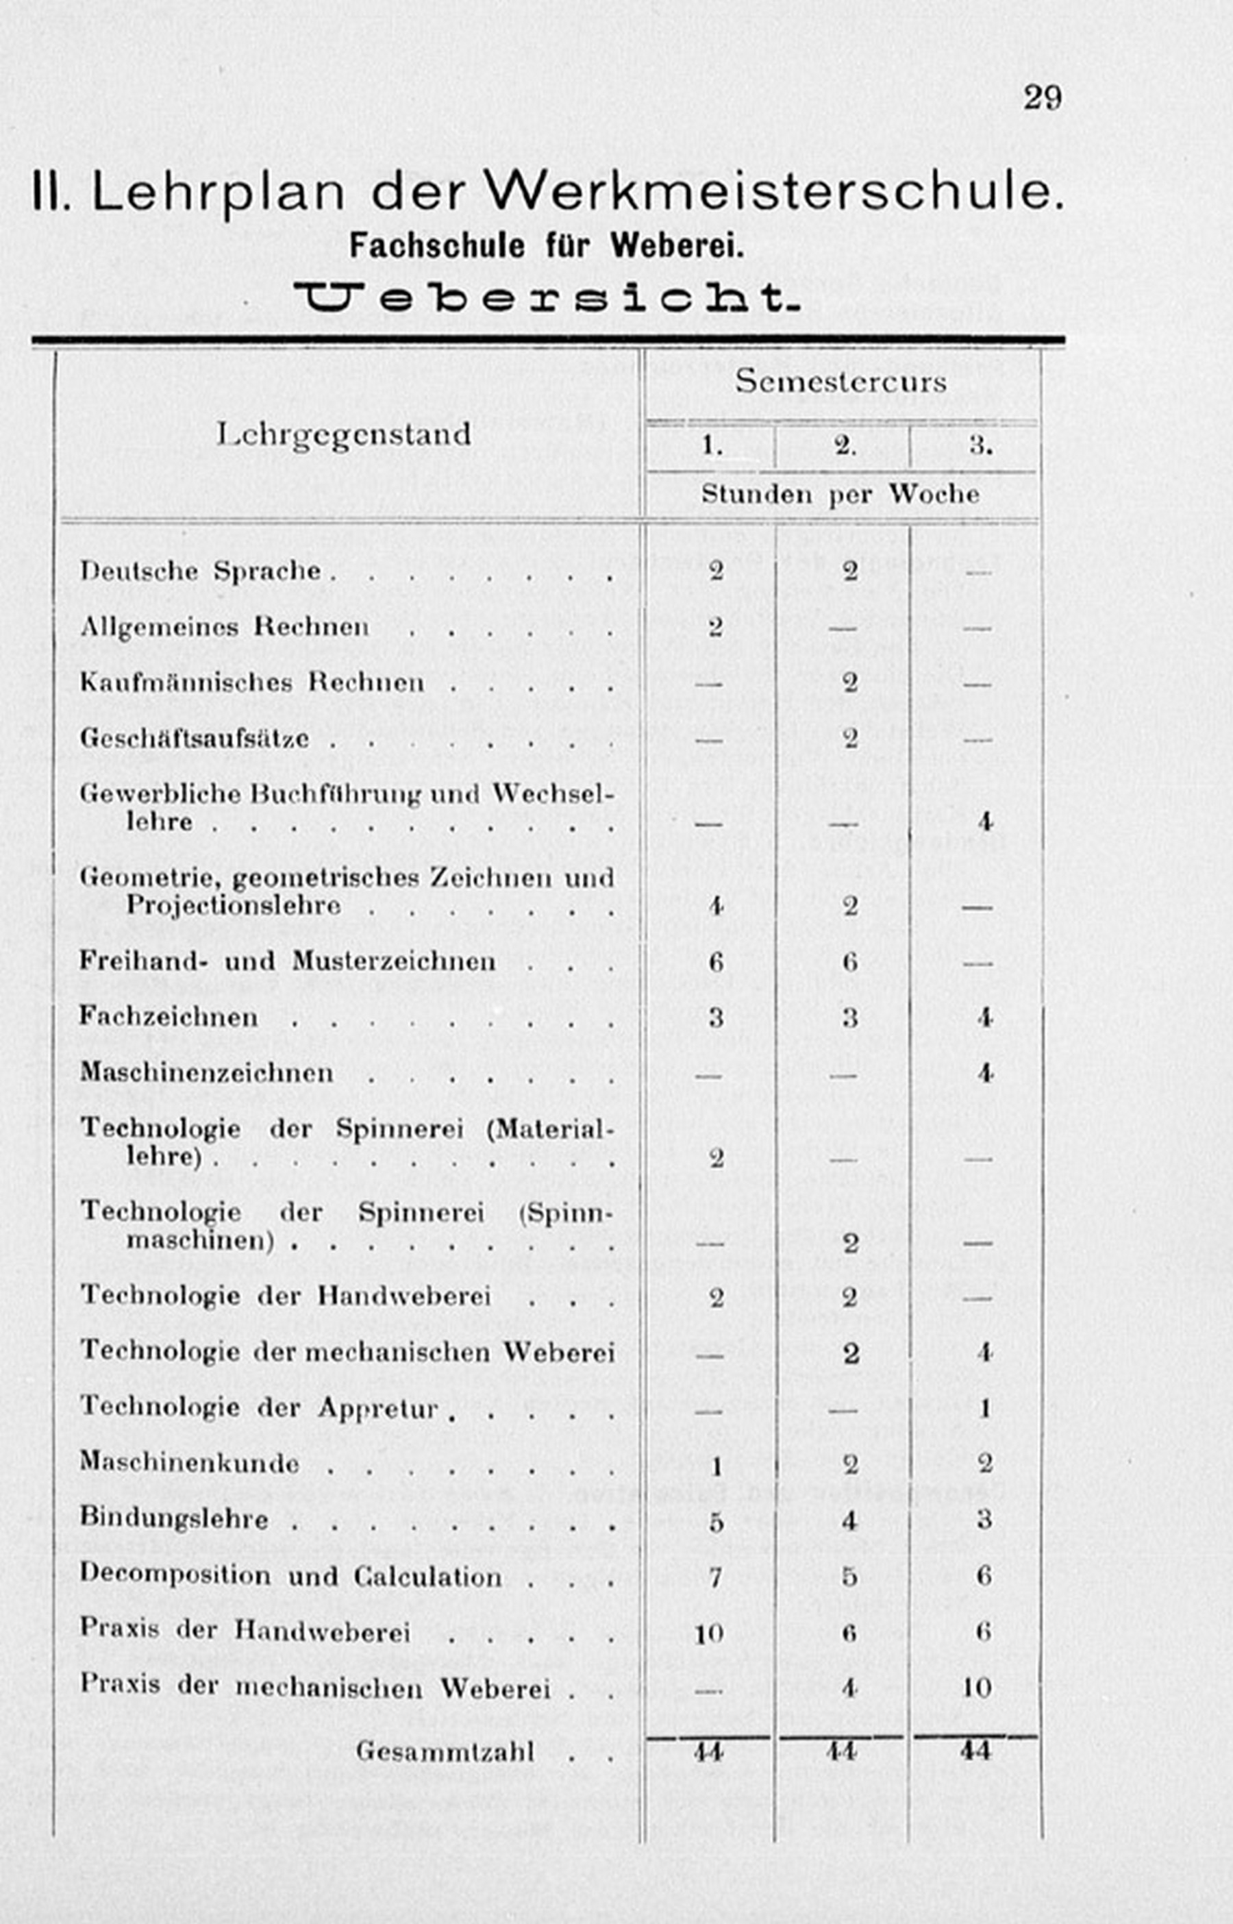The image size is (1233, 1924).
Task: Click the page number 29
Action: click(x=1042, y=98)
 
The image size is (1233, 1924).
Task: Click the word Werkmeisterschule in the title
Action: click(x=774, y=192)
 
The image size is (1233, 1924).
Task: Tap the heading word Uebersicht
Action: click(x=547, y=299)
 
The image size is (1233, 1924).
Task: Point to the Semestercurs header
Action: click(x=840, y=381)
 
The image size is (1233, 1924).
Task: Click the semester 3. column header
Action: click(x=981, y=446)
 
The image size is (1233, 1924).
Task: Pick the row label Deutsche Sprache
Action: click(x=200, y=571)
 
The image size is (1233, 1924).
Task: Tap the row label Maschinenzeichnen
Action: click(x=207, y=1073)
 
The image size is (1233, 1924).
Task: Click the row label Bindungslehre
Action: click(x=174, y=1519)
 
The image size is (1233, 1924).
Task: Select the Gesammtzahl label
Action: click(x=445, y=1752)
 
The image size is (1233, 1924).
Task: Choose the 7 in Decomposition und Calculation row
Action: click(x=716, y=1577)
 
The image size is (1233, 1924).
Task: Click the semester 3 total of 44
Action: click(x=975, y=1751)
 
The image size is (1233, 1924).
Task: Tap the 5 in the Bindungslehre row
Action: click(x=716, y=1521)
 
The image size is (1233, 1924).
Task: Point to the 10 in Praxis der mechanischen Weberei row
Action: click(x=977, y=1688)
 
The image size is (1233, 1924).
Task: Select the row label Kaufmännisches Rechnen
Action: click(x=251, y=683)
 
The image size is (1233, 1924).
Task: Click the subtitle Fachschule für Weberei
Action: click(x=547, y=246)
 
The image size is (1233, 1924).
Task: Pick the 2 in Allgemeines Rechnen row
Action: click(x=716, y=627)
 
